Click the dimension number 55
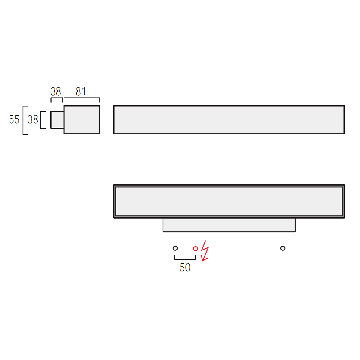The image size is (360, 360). pos(14,120)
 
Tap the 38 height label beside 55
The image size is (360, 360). pos(33,120)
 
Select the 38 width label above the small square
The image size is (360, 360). pos(55,91)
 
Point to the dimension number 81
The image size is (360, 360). pos(81,91)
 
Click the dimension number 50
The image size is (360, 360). pos(185,268)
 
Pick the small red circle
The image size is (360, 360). pos(196,249)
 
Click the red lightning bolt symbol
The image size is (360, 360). pos(205,250)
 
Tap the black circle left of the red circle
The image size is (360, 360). pos(175,248)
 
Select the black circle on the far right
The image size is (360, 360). pos(283,248)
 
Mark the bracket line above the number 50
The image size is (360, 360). pos(185,259)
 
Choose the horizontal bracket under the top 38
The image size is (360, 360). pos(56,98)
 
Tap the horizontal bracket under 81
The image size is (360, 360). pos(82,98)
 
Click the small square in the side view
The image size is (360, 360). pos(57,120)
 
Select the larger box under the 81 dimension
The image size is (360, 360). pos(82,120)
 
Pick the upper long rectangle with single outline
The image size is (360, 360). pos(229,120)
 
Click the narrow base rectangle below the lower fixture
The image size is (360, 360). pos(229,225)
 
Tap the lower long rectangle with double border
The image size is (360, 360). pos(229,201)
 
